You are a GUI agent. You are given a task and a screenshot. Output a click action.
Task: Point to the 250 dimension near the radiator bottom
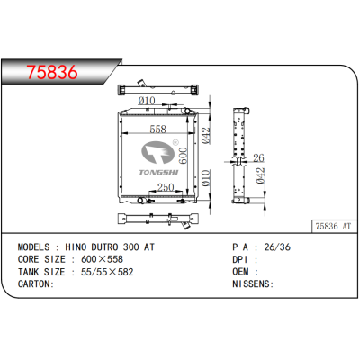pyautogui.click(x=166, y=187)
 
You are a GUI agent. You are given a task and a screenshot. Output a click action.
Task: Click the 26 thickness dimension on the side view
pyautogui.click(x=258, y=157)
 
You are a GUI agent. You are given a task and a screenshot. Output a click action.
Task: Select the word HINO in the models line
pyautogui.click(x=80, y=246)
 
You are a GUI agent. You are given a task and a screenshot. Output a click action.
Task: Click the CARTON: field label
pyautogui.click(x=37, y=283)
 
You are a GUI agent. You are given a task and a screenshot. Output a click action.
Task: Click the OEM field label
pyautogui.click(x=243, y=271)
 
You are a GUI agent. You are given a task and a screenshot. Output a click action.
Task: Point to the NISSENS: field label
pyautogui.click(x=254, y=283)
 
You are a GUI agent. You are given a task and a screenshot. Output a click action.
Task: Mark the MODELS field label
pyautogui.click(x=38, y=246)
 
